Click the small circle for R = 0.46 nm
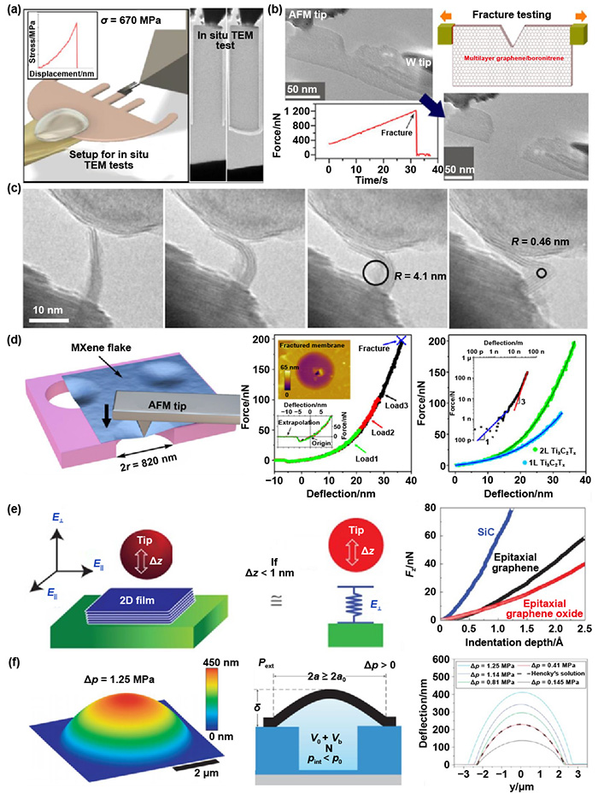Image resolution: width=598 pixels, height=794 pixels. tap(541, 274)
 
